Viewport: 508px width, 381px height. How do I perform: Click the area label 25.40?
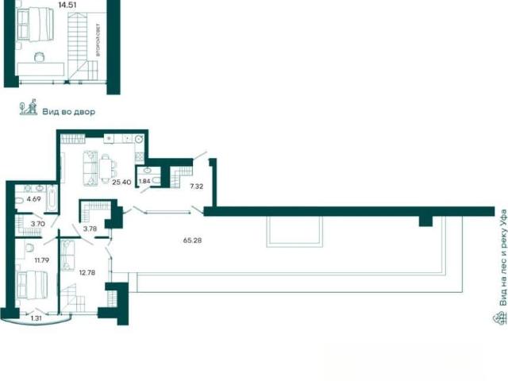coord(121,182)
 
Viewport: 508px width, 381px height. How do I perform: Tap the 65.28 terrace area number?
coord(192,241)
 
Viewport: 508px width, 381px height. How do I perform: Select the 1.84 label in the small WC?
coord(144,181)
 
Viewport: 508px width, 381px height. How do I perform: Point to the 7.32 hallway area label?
coord(197,187)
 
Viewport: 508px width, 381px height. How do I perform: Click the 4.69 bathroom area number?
coord(33,199)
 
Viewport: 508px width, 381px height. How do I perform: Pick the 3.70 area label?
coord(37,224)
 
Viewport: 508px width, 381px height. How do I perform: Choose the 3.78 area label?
coord(90,229)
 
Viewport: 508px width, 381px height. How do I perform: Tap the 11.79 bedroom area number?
coord(42,260)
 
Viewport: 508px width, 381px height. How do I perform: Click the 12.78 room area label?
coord(87,273)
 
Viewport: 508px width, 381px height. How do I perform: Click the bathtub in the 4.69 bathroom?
coord(52,198)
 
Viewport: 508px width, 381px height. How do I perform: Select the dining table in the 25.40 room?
coord(106,169)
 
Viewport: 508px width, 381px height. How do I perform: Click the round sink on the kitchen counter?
coord(140,139)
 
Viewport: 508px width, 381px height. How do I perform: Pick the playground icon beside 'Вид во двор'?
coord(29,107)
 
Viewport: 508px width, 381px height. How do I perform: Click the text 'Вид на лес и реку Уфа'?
coord(502,258)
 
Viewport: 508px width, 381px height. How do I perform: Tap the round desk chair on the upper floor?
coord(39,56)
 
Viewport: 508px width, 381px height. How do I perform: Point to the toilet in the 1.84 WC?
coord(156,181)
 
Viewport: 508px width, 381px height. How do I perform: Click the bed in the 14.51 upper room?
coord(35,25)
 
